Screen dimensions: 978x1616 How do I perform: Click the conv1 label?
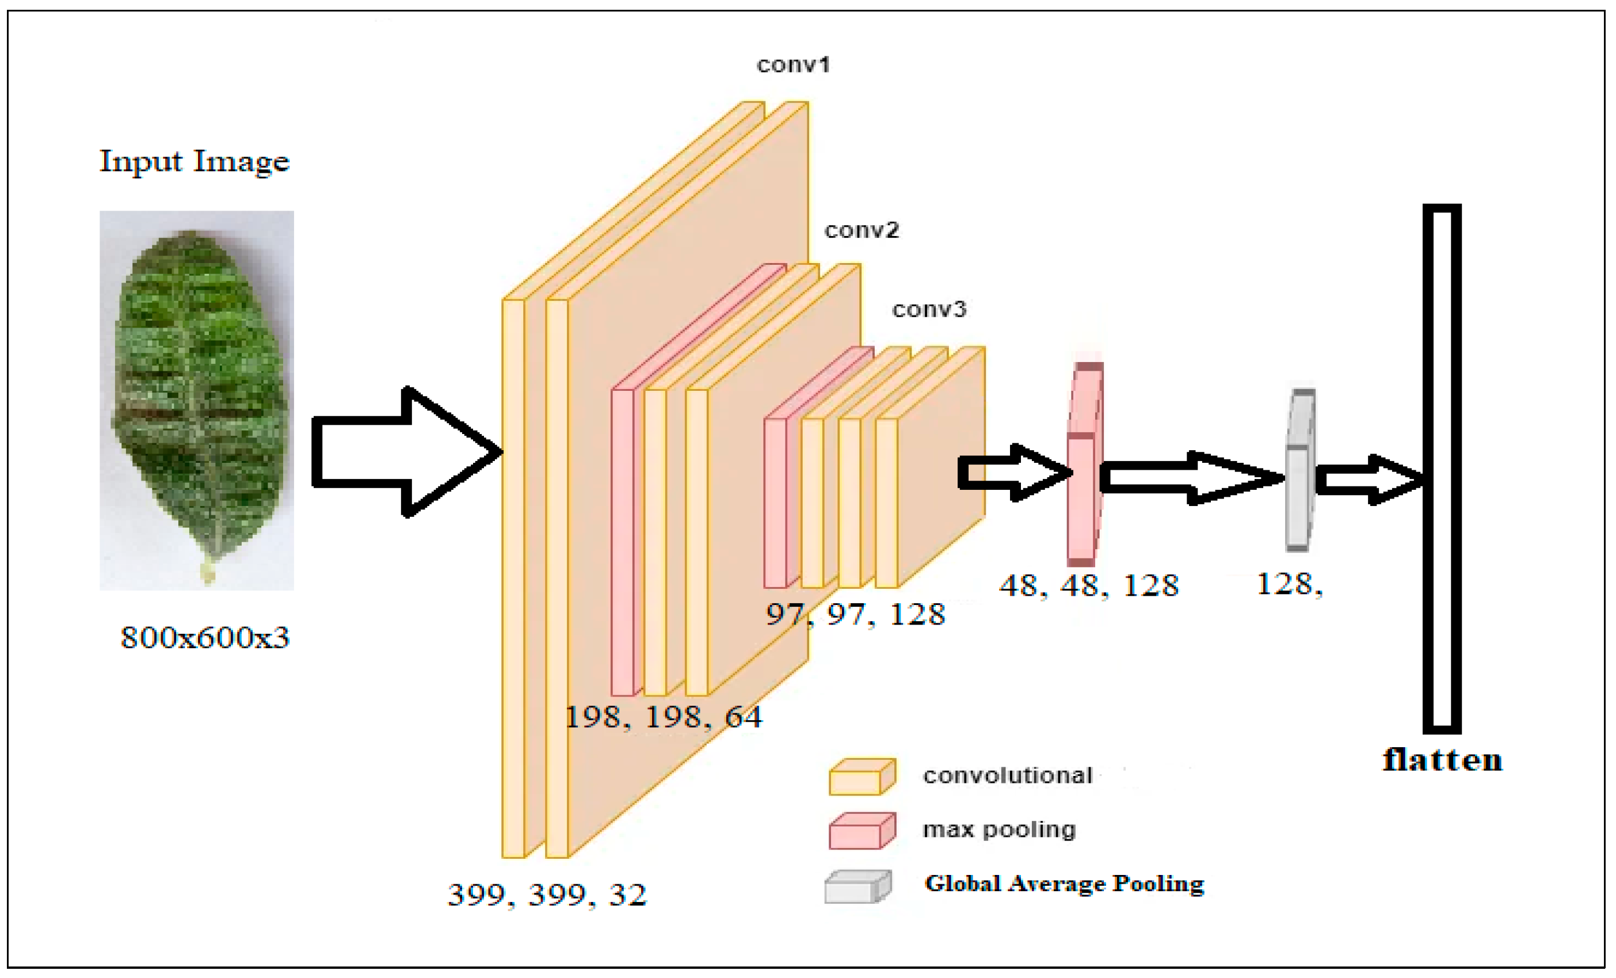point(793,65)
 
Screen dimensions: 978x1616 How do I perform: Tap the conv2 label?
point(861,230)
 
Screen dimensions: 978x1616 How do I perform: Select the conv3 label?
point(929,309)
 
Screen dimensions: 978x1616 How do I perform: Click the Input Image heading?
point(194,161)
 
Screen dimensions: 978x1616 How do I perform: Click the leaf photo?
point(197,400)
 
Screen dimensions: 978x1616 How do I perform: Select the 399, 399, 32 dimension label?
point(547,895)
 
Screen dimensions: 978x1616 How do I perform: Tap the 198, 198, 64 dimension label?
point(663,717)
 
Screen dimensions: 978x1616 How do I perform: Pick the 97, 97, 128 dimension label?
point(855,615)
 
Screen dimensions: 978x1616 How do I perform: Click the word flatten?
point(1442,760)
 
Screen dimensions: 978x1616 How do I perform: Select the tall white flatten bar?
point(1442,469)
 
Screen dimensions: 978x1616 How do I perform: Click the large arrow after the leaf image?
point(407,452)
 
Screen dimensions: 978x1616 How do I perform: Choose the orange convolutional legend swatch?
point(862,777)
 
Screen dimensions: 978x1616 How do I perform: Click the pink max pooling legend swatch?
point(862,831)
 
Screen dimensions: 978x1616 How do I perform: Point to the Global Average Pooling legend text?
point(1064,884)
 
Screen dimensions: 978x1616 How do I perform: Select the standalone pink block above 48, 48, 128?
point(1084,465)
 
